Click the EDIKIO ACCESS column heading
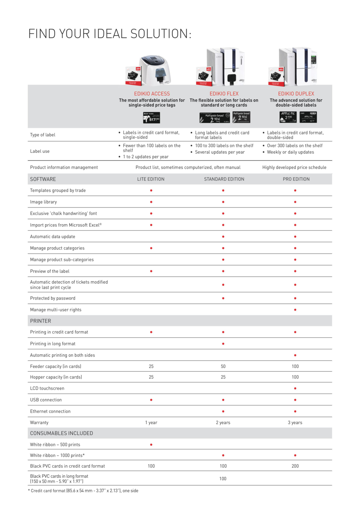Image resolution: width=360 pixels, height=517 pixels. coord(152,94)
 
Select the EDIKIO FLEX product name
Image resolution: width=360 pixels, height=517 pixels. coord(224,94)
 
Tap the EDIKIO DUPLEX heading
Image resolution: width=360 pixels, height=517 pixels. coord(296,94)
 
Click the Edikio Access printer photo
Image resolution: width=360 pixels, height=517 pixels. coord(154,70)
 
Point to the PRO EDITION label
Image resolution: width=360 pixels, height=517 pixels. coord(296,179)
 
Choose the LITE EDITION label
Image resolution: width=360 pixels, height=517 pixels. coord(151,179)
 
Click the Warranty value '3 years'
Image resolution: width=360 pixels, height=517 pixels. coord(295,423)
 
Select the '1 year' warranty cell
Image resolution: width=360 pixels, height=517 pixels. coord(151,423)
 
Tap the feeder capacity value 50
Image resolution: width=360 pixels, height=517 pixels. coord(223,366)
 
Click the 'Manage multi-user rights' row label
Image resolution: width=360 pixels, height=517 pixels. coord(56,310)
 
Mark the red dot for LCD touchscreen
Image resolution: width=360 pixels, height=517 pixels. coord(295,389)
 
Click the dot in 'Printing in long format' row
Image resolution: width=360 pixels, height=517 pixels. coord(223,344)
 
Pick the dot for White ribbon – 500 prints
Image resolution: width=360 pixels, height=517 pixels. coord(151,445)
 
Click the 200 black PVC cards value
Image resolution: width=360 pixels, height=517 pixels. coord(295,466)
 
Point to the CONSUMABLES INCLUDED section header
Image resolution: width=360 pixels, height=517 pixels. coord(62,433)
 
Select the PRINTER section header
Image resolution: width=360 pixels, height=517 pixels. coord(41,321)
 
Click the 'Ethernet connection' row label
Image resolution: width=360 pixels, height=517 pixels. coord(50,412)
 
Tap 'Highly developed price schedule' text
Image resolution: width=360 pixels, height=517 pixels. coord(294,167)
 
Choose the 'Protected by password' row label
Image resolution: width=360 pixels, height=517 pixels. coord(53,298)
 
